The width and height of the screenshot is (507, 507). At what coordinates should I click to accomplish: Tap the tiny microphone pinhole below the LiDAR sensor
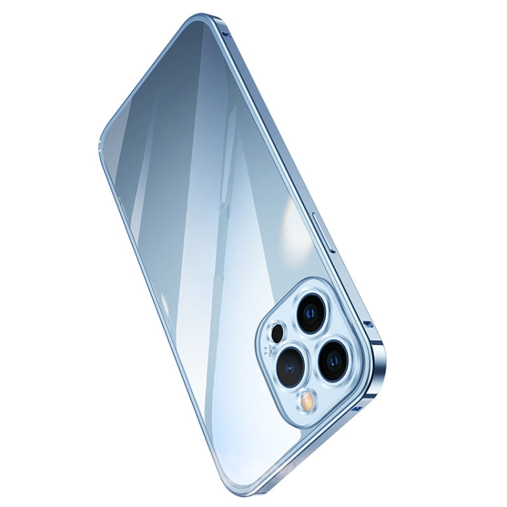tap(270, 350)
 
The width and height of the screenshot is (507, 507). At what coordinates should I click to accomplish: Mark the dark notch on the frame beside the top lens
tap(368, 325)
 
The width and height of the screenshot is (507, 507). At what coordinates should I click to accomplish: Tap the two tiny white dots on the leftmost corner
tap(102, 143)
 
